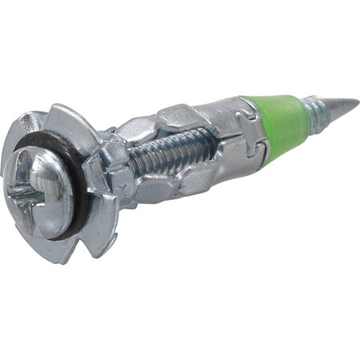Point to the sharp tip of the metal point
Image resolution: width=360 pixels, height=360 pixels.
point(357,102)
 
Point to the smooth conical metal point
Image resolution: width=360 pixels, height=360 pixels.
point(340,104)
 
